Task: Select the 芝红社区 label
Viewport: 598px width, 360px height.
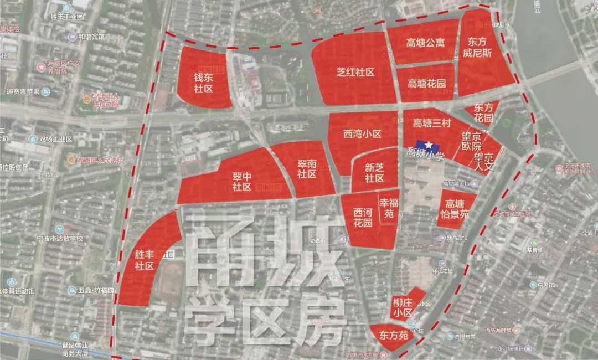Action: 355,73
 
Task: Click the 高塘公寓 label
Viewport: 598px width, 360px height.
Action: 425,43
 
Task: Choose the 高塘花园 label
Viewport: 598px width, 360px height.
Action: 427,84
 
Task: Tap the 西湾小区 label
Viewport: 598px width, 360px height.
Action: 362,133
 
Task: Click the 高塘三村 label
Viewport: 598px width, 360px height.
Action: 433,123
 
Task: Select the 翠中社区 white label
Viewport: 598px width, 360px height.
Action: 242,182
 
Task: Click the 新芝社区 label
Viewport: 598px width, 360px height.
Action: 374,173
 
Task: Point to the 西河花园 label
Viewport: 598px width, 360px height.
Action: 363,217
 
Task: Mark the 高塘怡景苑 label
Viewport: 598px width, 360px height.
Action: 457,209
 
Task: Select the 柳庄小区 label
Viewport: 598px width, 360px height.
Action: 403,308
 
